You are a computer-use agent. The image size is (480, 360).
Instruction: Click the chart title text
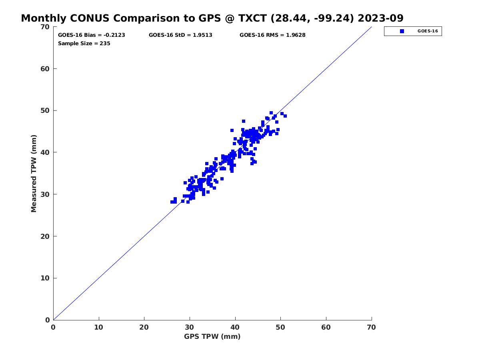click(x=212, y=18)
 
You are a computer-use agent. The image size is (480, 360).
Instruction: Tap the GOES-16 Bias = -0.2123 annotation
click(x=92, y=35)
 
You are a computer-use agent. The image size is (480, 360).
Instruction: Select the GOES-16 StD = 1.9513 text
click(x=180, y=35)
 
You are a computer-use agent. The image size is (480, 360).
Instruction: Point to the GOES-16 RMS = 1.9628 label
click(x=272, y=35)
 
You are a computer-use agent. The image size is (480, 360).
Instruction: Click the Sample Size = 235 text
click(x=84, y=44)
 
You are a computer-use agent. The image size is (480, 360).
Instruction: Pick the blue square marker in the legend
click(x=402, y=31)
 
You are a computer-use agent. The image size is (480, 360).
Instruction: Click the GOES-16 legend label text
click(x=428, y=31)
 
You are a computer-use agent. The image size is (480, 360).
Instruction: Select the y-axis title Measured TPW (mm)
click(x=34, y=173)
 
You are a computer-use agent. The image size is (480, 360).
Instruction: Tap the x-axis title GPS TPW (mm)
click(x=212, y=336)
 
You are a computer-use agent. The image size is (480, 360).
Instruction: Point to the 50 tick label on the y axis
click(x=45, y=111)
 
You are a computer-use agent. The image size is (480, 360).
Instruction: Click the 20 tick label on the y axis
click(x=45, y=236)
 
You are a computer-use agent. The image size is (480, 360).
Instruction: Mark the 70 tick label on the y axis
click(x=45, y=27)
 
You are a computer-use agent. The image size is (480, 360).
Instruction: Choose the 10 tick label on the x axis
click(x=99, y=327)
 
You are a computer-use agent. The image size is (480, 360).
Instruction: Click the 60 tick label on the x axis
click(x=326, y=327)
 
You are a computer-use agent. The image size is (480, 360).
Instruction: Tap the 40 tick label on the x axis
click(x=235, y=327)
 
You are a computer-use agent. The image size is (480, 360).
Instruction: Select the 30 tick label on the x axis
click(x=189, y=327)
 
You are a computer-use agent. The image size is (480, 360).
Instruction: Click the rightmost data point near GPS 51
click(x=285, y=116)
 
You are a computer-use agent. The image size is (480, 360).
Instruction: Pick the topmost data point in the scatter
click(x=271, y=113)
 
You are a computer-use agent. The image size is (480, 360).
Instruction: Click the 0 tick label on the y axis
click(x=48, y=320)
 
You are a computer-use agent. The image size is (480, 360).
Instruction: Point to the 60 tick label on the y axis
click(x=45, y=69)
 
